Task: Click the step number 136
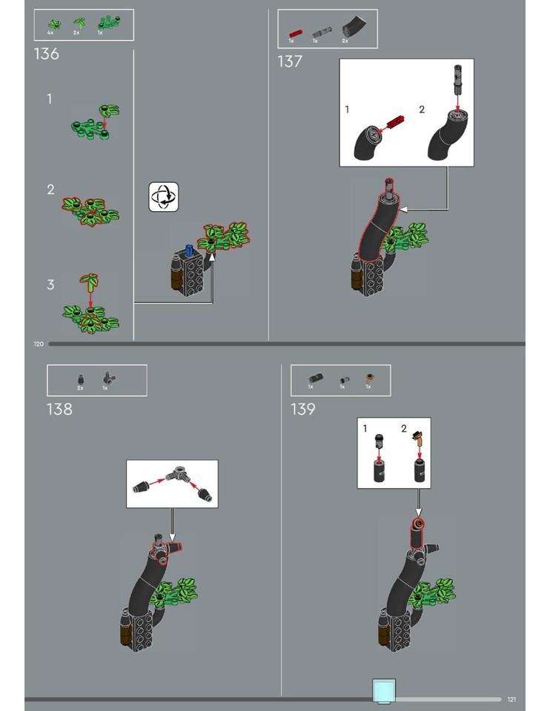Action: click(x=46, y=54)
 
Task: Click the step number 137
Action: click(x=290, y=61)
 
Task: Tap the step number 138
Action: click(x=59, y=409)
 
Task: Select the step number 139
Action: click(x=303, y=409)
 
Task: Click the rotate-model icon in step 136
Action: click(x=163, y=197)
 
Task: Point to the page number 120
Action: click(x=39, y=344)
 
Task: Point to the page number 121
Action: click(x=511, y=699)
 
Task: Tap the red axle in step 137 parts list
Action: click(x=295, y=33)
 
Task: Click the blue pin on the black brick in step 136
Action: click(x=188, y=251)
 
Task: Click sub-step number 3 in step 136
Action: click(x=50, y=284)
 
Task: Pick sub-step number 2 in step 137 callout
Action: click(x=422, y=110)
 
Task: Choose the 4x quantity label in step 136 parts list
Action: click(x=50, y=33)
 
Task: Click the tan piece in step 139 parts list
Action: click(x=368, y=379)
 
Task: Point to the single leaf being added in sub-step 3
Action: click(x=91, y=281)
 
